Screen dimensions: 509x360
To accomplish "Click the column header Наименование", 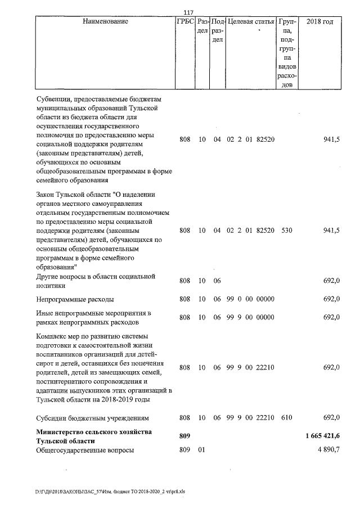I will [105, 21].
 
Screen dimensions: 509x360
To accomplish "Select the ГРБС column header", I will [184, 21].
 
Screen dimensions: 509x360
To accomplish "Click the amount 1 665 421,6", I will [323, 436].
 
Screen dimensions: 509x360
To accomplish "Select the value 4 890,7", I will [328, 451].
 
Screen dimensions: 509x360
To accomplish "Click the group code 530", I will [286, 231].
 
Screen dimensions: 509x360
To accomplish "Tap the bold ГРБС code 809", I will [185, 436].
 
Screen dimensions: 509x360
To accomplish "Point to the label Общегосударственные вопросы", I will [85, 451].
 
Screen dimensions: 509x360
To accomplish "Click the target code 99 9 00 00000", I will [250, 317].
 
